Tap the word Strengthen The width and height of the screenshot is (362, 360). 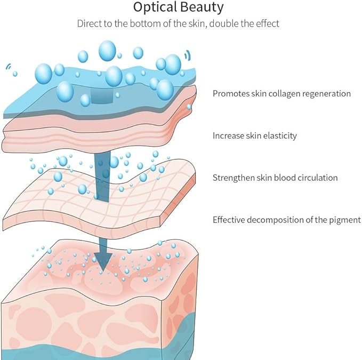[x=233, y=178]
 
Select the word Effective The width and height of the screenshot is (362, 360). [x=229, y=219]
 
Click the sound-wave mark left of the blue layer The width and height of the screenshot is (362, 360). [x=9, y=67]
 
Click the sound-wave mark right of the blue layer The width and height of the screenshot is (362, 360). [x=187, y=54]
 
